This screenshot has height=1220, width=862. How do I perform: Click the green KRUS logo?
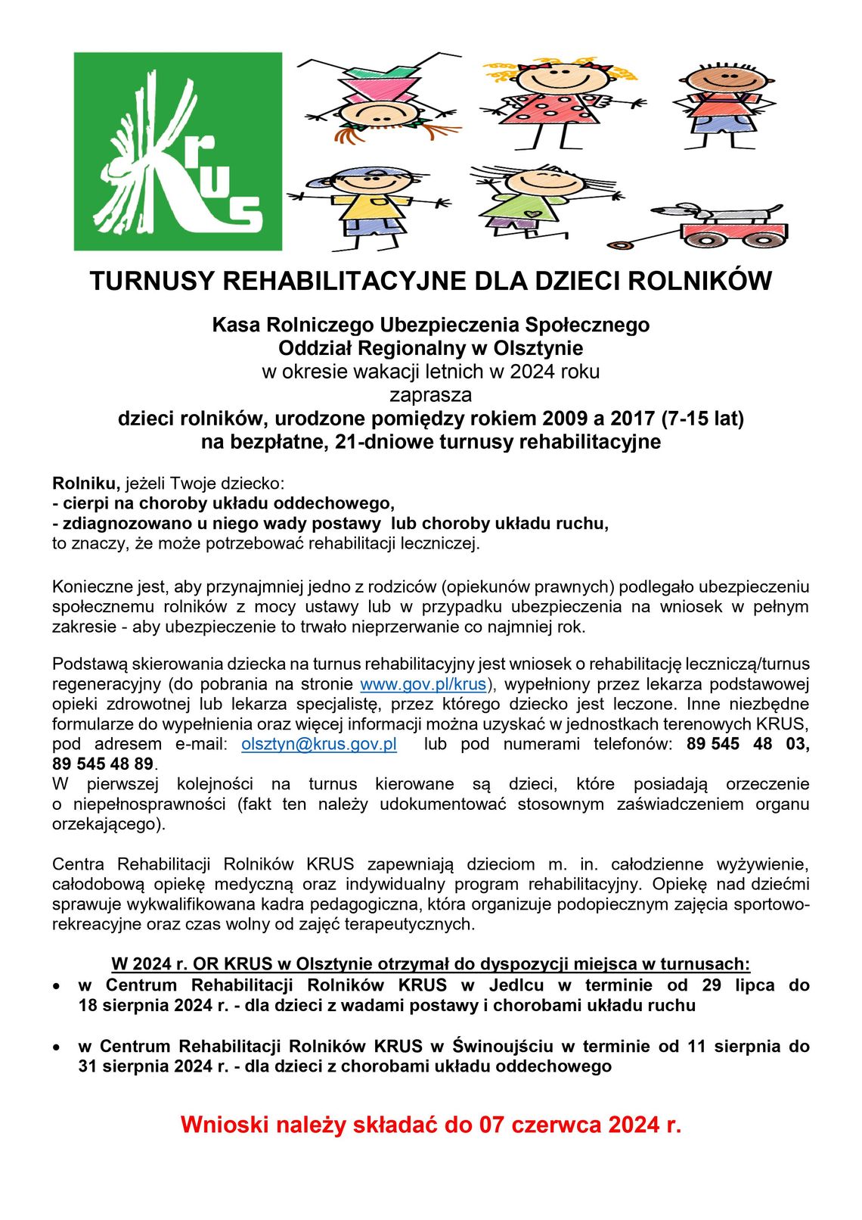click(x=178, y=151)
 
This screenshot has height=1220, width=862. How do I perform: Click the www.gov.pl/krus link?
click(x=423, y=684)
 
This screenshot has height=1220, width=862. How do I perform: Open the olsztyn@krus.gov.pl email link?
click(x=319, y=744)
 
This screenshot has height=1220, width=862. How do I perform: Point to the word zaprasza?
click(x=430, y=395)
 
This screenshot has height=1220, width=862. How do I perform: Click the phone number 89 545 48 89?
click(x=103, y=764)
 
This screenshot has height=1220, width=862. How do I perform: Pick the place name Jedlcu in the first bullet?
click(x=516, y=985)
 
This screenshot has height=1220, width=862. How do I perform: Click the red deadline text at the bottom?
click(x=430, y=1125)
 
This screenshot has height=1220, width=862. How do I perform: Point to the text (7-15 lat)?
click(x=702, y=419)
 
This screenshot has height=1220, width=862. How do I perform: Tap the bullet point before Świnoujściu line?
click(x=57, y=1047)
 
